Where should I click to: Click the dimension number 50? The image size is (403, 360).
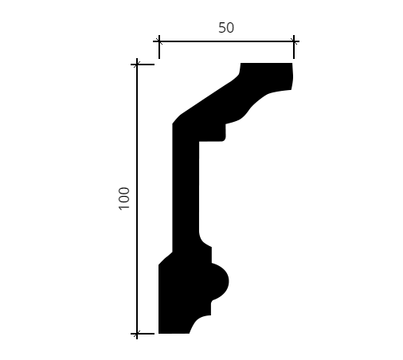[226, 28]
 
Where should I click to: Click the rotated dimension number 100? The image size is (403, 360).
[124, 198]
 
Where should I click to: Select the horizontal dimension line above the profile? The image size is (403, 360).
[226, 41]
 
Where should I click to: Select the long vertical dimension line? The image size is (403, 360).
[137, 199]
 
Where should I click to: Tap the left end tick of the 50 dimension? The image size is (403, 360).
[159, 41]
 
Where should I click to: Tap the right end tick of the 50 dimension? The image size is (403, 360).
[294, 41]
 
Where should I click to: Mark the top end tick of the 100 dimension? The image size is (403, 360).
[137, 65]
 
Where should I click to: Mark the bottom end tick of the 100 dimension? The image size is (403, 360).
[137, 334]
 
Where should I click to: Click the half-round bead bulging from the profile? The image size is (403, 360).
[221, 282]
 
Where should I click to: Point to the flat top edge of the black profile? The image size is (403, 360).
[266, 63]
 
